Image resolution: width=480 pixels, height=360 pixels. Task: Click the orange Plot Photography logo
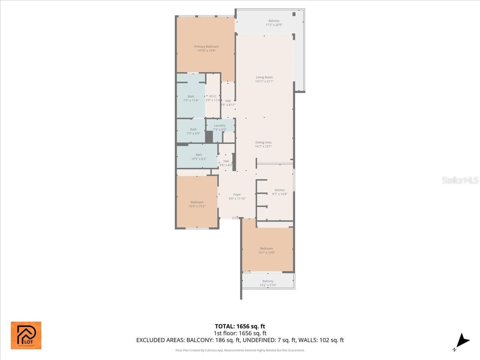[x=26, y=335]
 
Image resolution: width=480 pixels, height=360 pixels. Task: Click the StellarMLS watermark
[x=460, y=180]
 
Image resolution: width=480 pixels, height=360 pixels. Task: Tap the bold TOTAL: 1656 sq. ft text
[x=240, y=326]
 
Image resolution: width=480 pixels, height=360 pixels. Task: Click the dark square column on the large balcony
[x=294, y=14]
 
